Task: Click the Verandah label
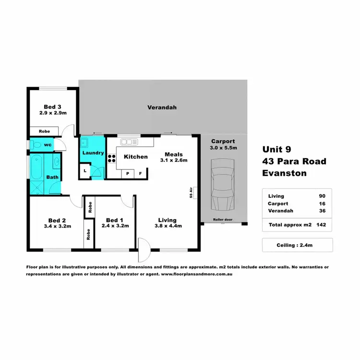[162, 108]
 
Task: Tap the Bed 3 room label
[52, 107]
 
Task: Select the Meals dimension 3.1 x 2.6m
[173, 160]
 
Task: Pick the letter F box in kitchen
[141, 173]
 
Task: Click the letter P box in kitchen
[128, 173]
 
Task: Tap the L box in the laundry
[85, 170]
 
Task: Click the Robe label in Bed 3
[44, 131]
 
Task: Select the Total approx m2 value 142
[323, 225]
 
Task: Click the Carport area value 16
[323, 204]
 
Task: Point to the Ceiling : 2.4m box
[298, 245]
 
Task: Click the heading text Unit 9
[276, 149]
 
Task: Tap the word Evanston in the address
[285, 173]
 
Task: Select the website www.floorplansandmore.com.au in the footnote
[196, 275]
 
